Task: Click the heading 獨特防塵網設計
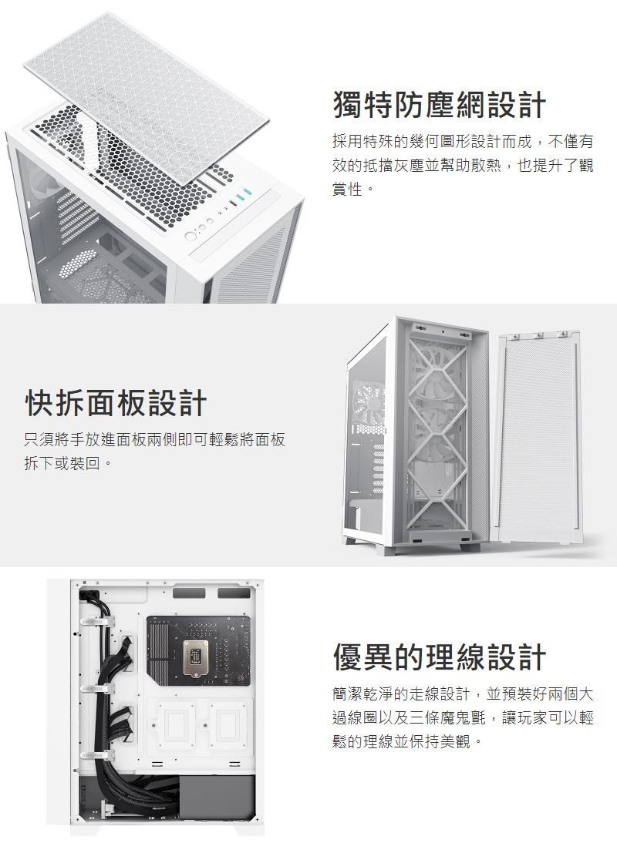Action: [x=439, y=106]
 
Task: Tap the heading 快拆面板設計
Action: [x=116, y=402]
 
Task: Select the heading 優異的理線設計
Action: [x=439, y=657]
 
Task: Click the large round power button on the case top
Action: [x=190, y=235]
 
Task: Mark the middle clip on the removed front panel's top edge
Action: [x=540, y=334]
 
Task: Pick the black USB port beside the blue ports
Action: [x=229, y=204]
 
